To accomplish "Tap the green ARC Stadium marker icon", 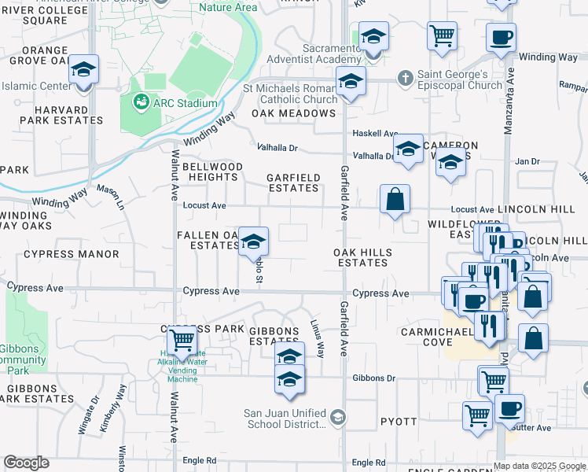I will pos(141,101).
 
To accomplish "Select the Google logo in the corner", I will pos(26,463).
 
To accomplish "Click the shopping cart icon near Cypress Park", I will pos(182,341).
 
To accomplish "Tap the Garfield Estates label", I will pos(293,183).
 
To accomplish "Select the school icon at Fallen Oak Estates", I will pos(253,240).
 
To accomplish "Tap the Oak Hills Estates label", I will pos(362,257).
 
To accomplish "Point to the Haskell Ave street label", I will pos(375,134).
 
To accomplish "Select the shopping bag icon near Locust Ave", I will pos(395,199).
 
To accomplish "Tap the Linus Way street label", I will pos(318,338).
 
